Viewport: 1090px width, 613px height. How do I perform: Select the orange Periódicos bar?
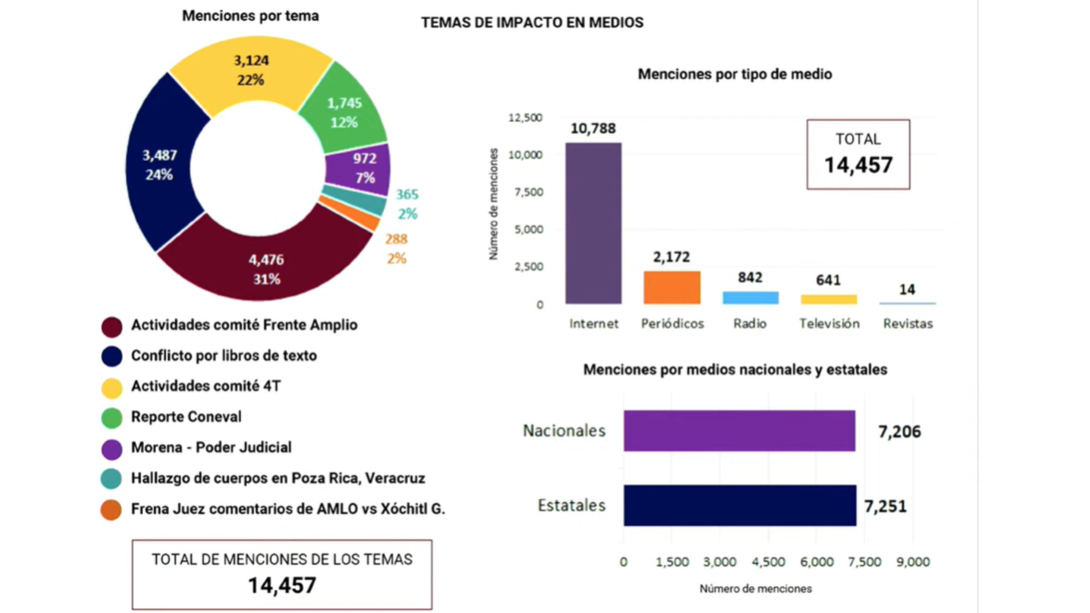click(x=672, y=287)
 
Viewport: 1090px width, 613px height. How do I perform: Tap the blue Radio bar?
click(x=750, y=298)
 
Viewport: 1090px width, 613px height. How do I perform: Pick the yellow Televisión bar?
click(x=828, y=299)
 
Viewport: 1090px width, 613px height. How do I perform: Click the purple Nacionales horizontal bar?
click(x=739, y=431)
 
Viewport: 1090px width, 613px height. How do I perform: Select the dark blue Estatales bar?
click(x=740, y=505)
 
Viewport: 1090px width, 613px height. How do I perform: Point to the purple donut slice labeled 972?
click(x=363, y=167)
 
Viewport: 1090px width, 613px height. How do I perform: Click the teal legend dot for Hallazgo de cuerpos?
click(x=111, y=478)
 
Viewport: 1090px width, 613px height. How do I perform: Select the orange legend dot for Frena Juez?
click(x=111, y=509)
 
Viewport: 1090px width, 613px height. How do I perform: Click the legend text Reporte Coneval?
click(x=186, y=417)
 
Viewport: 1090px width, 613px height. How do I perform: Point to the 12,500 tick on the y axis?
click(x=525, y=117)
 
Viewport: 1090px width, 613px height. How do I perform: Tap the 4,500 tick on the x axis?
click(x=768, y=562)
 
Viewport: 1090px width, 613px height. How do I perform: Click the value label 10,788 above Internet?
click(x=593, y=128)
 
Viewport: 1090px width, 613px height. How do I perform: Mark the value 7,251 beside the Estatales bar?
click(x=885, y=506)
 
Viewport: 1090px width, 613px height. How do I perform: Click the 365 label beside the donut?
click(x=407, y=194)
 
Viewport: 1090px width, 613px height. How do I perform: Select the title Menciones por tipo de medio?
click(x=735, y=74)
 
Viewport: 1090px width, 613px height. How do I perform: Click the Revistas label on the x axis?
click(x=908, y=324)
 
